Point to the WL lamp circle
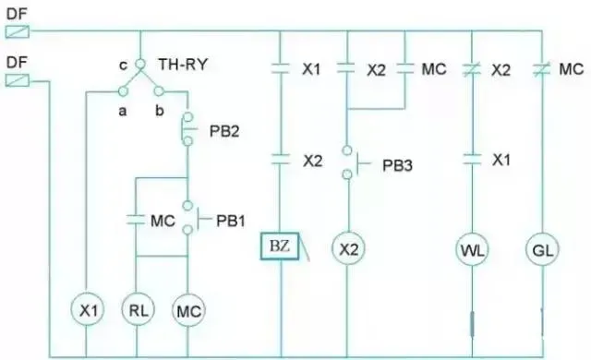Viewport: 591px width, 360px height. tap(473, 249)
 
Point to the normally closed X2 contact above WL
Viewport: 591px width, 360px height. tap(473, 67)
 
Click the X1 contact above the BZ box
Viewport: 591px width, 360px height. tap(280, 67)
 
